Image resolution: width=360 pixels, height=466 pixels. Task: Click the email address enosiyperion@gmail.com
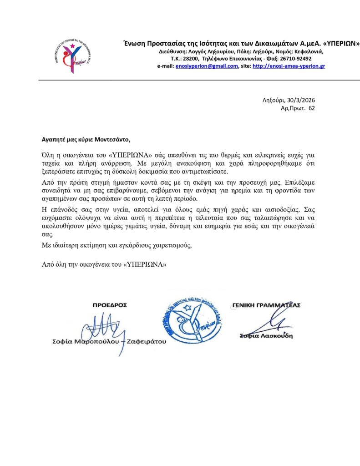pyautogui.click(x=207, y=66)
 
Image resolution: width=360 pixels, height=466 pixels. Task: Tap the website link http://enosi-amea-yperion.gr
pyautogui.click(x=289, y=66)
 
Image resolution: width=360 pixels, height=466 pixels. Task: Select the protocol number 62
pyautogui.click(x=311, y=108)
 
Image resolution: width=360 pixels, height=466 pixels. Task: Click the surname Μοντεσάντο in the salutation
pyautogui.click(x=113, y=139)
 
